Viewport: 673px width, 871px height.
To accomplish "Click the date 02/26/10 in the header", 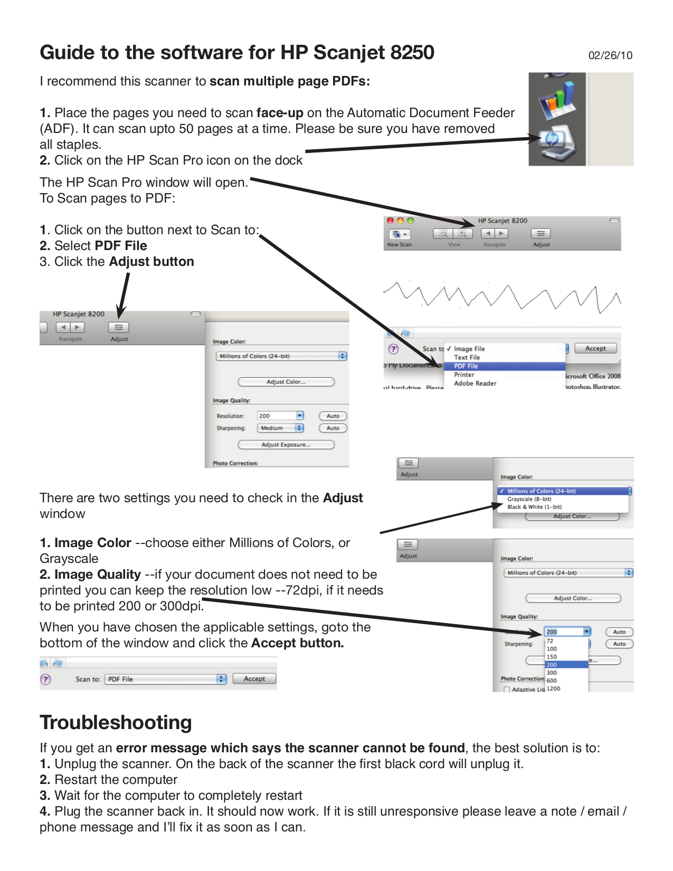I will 610,55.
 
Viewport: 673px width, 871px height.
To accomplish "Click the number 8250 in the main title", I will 412,52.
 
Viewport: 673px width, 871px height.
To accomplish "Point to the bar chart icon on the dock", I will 556,100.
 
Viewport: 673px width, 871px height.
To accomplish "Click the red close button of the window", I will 391,221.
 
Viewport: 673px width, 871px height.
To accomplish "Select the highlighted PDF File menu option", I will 466,366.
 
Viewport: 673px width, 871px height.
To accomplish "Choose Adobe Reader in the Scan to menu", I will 475,384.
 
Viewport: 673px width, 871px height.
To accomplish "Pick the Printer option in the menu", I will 464,375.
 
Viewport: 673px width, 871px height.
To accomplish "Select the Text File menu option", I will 467,357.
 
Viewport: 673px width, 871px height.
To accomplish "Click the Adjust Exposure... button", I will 286,445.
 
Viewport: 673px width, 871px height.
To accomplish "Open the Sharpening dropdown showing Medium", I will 280,428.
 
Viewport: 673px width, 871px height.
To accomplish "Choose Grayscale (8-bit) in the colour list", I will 529,499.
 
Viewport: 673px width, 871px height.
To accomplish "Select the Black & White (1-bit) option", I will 534,507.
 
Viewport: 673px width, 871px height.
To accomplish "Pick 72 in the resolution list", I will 550,641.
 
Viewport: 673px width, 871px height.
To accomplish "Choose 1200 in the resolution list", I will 553,688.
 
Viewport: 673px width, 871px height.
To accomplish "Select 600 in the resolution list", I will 552,681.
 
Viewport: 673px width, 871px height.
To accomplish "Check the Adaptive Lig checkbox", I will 507,690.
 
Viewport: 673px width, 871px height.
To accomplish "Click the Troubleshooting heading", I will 116,722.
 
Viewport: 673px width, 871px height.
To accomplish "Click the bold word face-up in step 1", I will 280,113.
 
